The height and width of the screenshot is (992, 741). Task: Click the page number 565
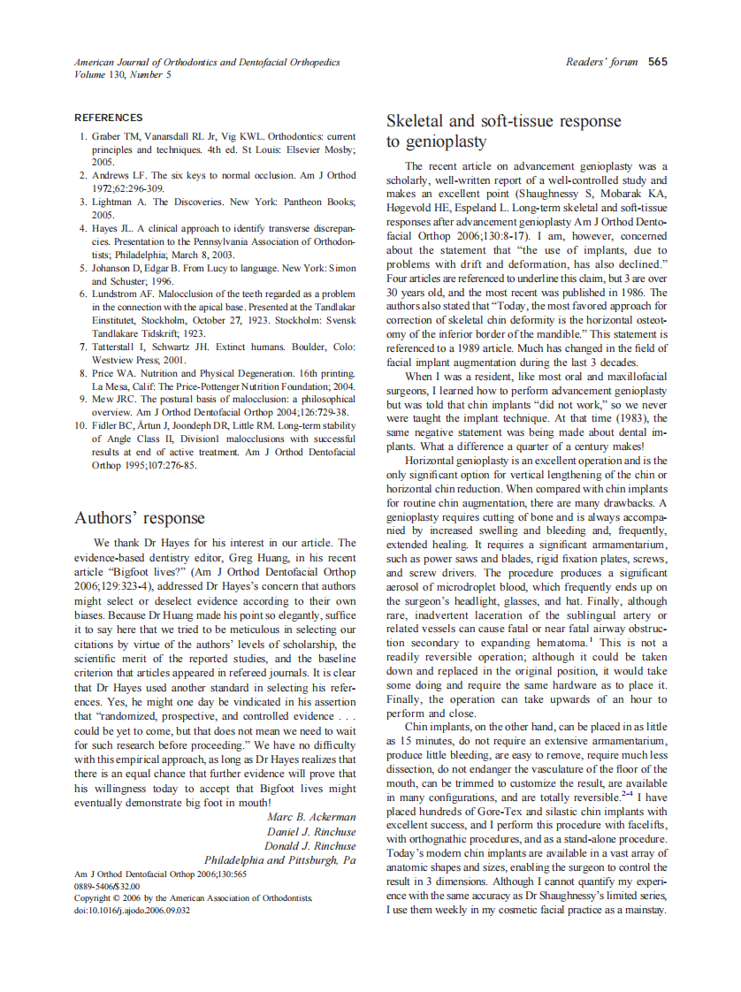click(x=657, y=62)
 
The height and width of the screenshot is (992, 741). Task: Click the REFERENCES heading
click(x=108, y=118)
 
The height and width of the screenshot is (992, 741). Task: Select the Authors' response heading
click(x=139, y=518)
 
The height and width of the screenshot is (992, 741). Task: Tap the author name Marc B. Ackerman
click(x=311, y=816)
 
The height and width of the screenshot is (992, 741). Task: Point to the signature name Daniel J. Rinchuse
click(x=311, y=831)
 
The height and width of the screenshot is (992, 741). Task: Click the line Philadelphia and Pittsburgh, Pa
click(x=280, y=859)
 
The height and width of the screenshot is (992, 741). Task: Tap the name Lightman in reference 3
click(x=116, y=202)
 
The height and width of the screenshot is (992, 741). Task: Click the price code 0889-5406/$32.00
click(x=107, y=885)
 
